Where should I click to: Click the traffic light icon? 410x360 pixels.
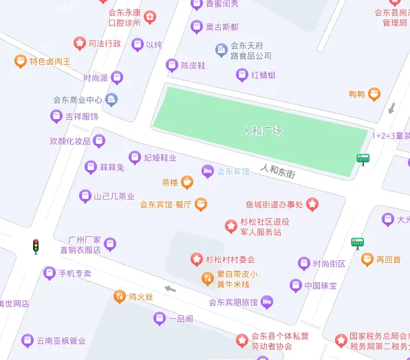(36, 246)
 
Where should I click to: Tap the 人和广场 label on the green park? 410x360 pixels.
(263, 131)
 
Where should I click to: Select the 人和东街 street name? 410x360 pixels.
(278, 171)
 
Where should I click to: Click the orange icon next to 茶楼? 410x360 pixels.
(187, 182)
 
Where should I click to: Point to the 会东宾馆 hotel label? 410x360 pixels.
(233, 171)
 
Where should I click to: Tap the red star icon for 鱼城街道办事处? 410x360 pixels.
(312, 204)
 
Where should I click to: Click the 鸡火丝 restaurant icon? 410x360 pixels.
(119, 296)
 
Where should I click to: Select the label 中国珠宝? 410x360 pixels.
(320, 285)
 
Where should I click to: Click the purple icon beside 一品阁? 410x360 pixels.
(159, 318)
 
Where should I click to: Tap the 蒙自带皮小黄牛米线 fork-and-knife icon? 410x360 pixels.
(206, 278)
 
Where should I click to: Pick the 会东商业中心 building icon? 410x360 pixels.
(111, 100)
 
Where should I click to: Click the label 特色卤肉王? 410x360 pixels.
(50, 61)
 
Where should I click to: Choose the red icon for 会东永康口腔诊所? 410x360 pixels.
(150, 17)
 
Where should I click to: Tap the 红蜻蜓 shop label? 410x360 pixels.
(263, 75)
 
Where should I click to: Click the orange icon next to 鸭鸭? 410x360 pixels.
(374, 94)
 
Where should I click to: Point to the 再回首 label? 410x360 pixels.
(389, 260)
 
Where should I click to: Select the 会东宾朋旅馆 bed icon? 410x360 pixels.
(267, 301)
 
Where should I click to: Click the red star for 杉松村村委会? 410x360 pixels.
(196, 260)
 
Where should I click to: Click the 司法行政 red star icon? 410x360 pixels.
(80, 43)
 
